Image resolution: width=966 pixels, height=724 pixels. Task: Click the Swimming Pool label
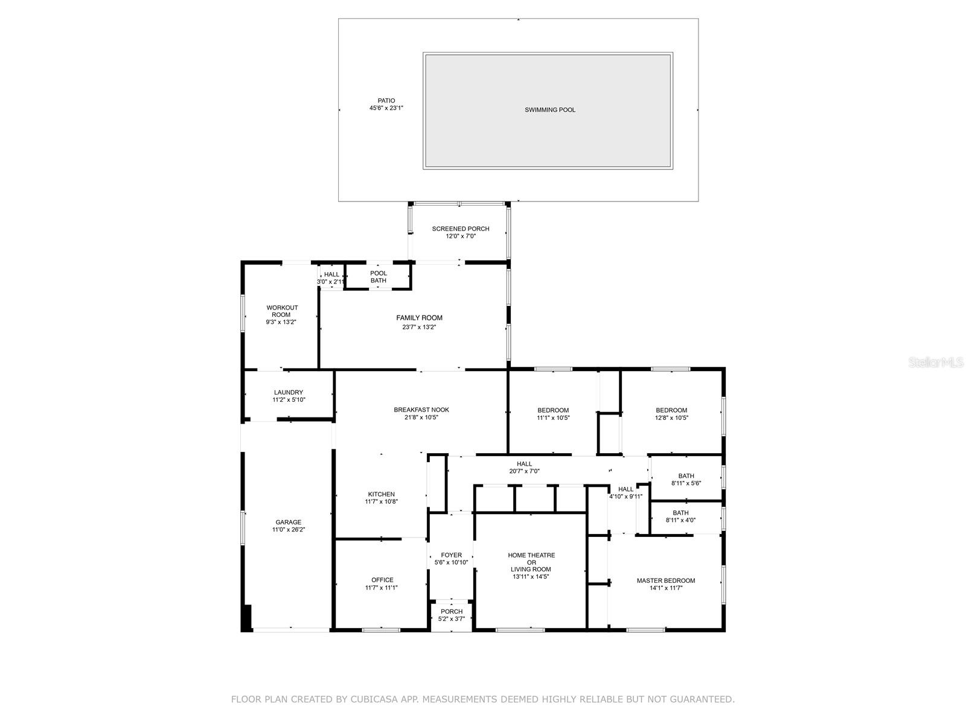point(549,110)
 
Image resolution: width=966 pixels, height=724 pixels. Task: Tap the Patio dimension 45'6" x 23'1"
point(386,109)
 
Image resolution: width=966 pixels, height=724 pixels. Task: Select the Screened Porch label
point(461,229)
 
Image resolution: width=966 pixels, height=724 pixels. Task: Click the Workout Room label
point(282,311)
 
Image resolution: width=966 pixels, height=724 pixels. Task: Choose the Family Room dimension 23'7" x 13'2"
point(419,327)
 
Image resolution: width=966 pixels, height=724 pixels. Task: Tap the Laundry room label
point(289,392)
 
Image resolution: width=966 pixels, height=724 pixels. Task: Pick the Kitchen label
point(381,494)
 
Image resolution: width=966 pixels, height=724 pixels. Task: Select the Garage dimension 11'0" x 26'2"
point(289,530)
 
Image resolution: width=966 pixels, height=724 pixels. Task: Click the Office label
point(382,580)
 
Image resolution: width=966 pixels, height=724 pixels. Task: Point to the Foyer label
point(452,555)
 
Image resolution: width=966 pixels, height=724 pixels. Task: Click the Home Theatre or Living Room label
point(531,562)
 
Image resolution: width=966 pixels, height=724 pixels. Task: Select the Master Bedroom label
point(666,580)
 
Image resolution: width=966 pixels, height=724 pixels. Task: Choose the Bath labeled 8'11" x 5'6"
point(686,480)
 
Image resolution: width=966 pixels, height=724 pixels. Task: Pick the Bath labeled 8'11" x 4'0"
point(680,516)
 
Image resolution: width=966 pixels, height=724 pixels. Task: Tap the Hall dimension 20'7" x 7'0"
point(525,471)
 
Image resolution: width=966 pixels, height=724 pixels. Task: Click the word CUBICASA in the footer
point(385,699)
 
